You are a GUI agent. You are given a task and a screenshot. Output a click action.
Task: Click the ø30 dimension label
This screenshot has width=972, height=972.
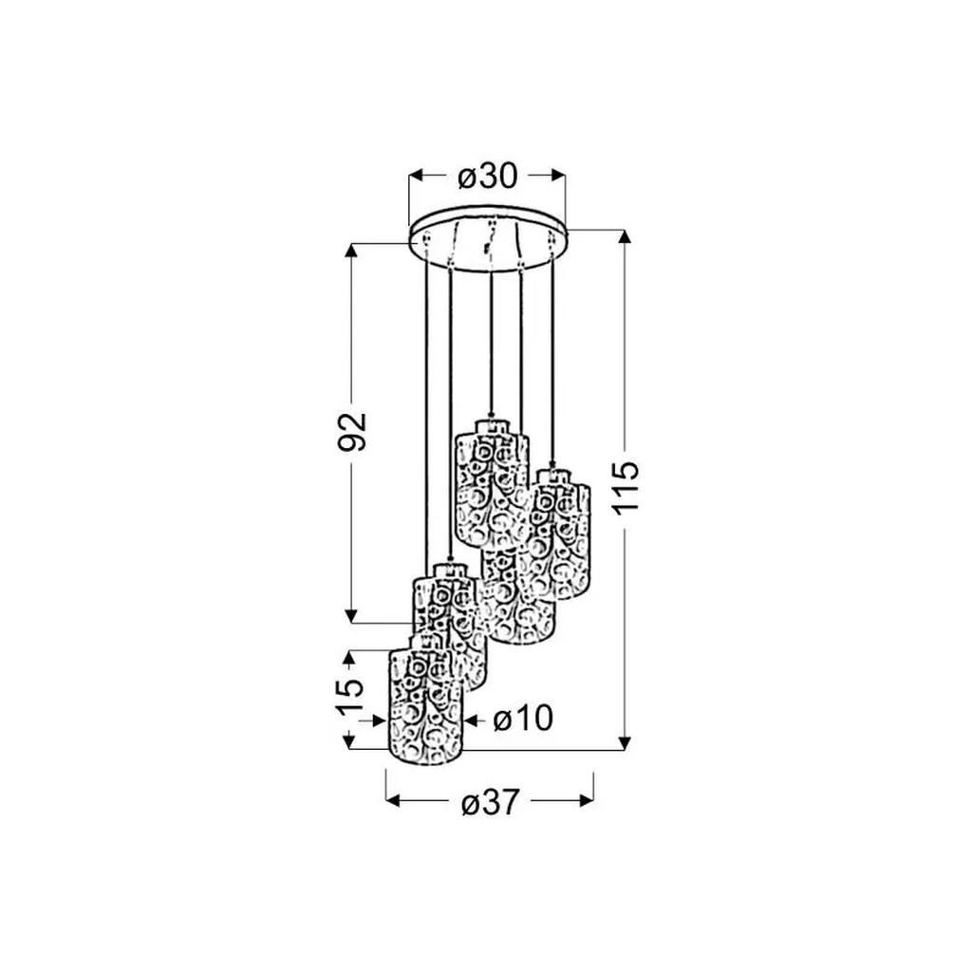487,177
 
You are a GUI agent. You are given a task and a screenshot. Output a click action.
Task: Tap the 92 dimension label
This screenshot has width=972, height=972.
351,432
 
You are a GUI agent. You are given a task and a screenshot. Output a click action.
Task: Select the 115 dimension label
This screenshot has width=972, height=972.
626,487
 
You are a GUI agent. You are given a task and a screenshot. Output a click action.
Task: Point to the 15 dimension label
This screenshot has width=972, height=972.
349,698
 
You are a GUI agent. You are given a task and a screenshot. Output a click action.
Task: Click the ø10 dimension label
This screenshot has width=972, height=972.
523,720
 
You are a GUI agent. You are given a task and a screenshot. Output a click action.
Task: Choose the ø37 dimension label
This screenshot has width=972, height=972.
490,803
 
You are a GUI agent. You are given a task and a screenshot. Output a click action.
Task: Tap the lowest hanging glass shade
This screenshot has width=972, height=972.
426,701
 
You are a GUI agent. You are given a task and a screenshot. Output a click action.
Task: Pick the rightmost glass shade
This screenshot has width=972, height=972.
561,533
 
